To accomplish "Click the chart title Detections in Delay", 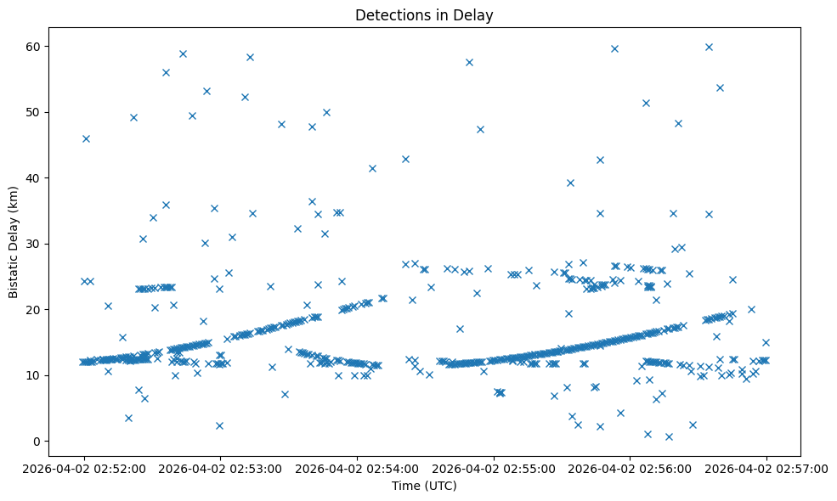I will point(424,15).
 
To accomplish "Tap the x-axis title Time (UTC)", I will point(424,486).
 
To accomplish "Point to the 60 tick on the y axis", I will point(35,46).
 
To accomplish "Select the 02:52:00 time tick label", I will point(84,467).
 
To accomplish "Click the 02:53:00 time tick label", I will point(221,467).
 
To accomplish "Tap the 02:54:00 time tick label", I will point(357,467).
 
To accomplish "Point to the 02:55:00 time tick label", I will point(494,467).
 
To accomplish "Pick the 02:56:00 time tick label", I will point(630,467).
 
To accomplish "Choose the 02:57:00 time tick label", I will point(766,467).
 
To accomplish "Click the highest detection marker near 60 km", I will point(709,47).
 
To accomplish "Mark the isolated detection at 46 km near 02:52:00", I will point(86,138).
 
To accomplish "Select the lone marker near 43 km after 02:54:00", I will point(405,159).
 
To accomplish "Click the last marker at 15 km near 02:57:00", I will point(766,342).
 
